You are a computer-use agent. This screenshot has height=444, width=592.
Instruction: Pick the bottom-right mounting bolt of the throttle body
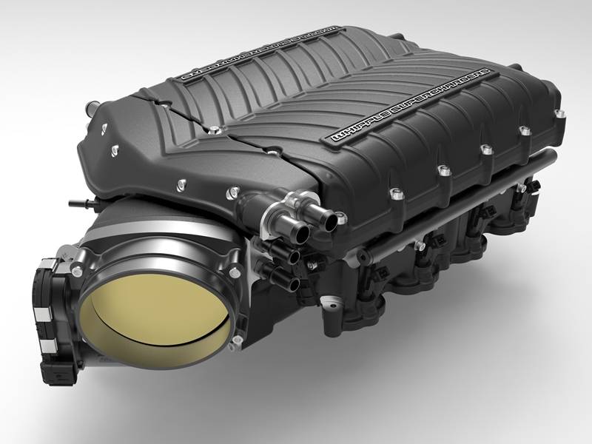(237, 340)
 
